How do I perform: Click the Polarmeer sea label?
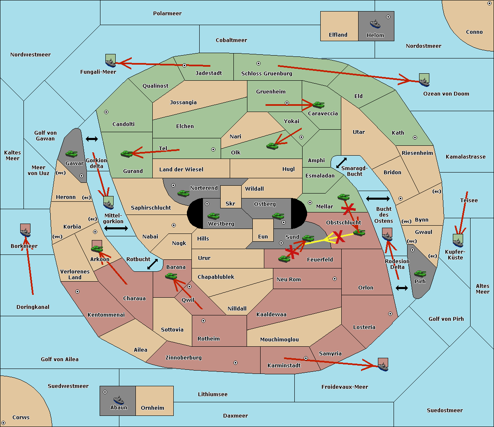point(167,14)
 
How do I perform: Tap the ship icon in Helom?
point(375,24)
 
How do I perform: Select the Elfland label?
point(338,35)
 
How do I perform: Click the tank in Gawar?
point(71,154)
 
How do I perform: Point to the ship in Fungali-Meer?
point(110,62)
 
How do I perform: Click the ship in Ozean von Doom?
point(424,81)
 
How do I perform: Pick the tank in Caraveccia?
point(318,105)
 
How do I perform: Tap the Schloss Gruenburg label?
point(266,74)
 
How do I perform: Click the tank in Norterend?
point(183,193)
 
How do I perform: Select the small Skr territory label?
point(230,204)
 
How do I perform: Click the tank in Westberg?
point(213,216)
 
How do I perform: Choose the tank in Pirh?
point(420,273)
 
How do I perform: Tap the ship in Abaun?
point(119,400)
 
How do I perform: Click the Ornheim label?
point(152,408)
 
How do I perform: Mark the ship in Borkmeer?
point(26,232)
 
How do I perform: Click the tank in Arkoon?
point(97,249)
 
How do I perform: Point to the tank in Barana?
point(171,276)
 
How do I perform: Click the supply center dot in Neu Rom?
point(335,279)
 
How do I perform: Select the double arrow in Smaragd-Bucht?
point(342,163)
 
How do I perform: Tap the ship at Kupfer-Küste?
point(458,242)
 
